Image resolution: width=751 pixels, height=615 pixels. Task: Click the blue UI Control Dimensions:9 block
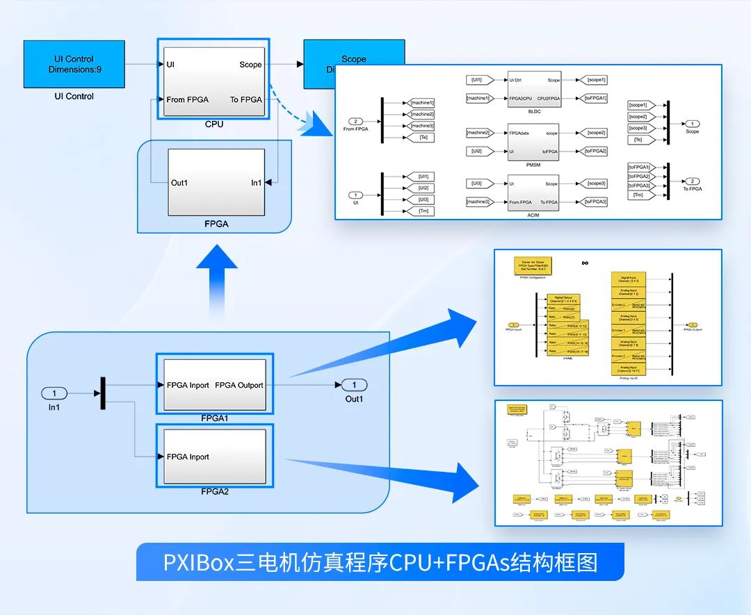click(x=74, y=65)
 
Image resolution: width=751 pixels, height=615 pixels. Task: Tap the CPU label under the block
click(x=213, y=124)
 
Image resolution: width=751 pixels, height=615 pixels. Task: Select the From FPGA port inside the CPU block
click(x=188, y=99)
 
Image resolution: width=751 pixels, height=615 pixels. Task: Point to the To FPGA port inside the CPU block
click(x=246, y=99)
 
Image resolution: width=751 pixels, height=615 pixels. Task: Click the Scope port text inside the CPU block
click(x=250, y=65)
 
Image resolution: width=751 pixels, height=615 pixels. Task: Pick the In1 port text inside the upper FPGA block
click(x=256, y=183)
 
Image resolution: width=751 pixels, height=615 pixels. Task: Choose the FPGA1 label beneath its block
click(x=215, y=418)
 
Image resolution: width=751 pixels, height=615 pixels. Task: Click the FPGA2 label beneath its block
click(x=215, y=491)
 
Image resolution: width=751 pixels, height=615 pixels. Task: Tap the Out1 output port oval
click(x=354, y=385)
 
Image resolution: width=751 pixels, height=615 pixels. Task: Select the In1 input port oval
click(x=54, y=393)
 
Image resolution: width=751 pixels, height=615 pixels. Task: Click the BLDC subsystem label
click(x=533, y=110)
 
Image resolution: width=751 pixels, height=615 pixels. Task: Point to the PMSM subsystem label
click(x=533, y=163)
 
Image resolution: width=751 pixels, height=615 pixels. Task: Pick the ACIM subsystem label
click(x=533, y=215)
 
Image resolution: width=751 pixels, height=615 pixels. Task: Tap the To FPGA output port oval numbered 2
click(x=693, y=181)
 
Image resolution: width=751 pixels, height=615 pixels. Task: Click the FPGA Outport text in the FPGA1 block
click(x=239, y=385)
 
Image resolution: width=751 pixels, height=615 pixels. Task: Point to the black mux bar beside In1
click(x=103, y=393)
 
